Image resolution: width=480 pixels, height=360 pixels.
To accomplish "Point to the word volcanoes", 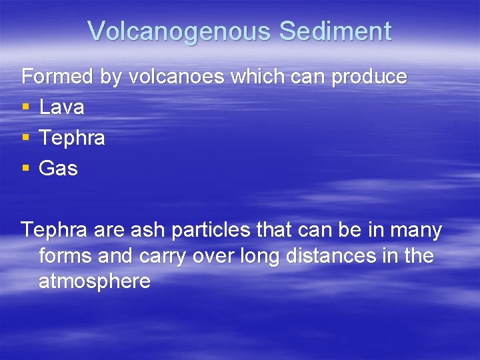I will [x=177, y=77].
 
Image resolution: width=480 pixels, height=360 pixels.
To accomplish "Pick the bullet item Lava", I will [x=61, y=107].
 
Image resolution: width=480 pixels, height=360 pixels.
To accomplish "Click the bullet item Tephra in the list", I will [x=72, y=138].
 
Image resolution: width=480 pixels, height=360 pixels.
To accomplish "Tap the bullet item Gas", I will [x=59, y=169].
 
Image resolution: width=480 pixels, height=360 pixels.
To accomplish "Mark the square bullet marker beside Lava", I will [x=25, y=108].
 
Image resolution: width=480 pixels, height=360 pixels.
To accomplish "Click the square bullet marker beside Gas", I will [x=25, y=169].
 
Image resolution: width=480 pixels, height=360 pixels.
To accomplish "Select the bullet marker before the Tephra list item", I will [x=25, y=139].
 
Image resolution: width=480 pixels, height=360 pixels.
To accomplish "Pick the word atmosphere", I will [x=95, y=281].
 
